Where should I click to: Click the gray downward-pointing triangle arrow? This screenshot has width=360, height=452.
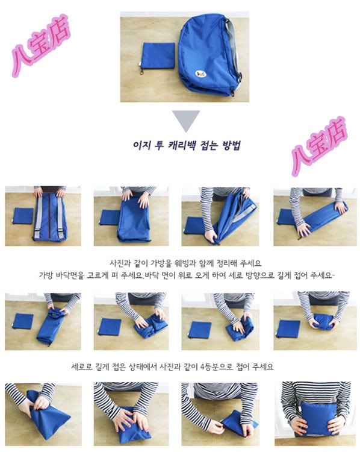(x=186, y=120)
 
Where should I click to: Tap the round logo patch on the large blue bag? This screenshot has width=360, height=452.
(x=200, y=74)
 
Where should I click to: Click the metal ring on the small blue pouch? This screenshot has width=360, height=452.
(x=142, y=71)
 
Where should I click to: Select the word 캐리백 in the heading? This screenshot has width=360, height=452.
(x=178, y=145)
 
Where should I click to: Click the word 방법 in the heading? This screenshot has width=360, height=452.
(x=231, y=145)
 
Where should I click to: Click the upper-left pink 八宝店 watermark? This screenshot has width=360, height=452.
(x=40, y=46)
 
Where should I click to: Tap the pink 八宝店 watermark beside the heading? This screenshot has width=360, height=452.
(x=319, y=146)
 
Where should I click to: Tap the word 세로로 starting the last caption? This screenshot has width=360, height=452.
(x=82, y=367)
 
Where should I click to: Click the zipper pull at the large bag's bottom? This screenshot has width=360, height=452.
(x=232, y=93)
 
